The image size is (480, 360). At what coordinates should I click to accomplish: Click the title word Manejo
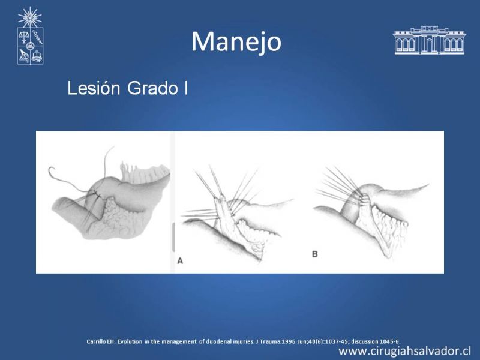[236, 42]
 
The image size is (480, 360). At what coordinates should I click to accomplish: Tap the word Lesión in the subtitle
[94, 88]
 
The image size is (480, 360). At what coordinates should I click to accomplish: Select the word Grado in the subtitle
[152, 88]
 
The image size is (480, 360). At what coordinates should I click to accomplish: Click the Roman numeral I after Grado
[186, 88]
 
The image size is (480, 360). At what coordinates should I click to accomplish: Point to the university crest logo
[30, 36]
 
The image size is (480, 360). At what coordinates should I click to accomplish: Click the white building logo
[429, 40]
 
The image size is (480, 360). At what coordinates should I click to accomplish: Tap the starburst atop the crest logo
[29, 17]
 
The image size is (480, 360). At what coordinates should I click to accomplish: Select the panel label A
[180, 261]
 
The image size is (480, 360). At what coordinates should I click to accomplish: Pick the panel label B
[314, 254]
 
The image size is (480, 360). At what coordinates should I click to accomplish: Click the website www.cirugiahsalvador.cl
[404, 351]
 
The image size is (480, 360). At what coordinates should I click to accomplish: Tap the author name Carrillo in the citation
[96, 341]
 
